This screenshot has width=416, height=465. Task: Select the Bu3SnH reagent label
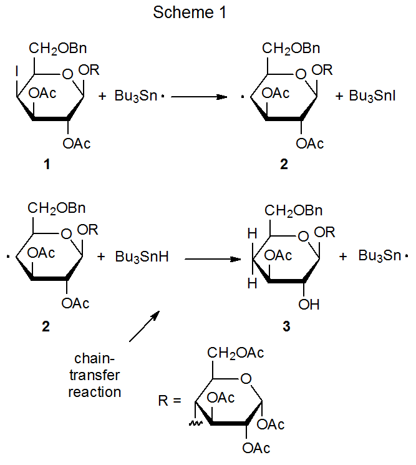click(142, 257)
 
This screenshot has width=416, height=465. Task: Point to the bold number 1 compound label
click(46, 165)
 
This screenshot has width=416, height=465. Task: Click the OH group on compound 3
click(309, 305)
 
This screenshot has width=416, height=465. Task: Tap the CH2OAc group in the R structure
click(235, 353)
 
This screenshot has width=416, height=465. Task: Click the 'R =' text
click(170, 400)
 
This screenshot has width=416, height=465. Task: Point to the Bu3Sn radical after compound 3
click(383, 257)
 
